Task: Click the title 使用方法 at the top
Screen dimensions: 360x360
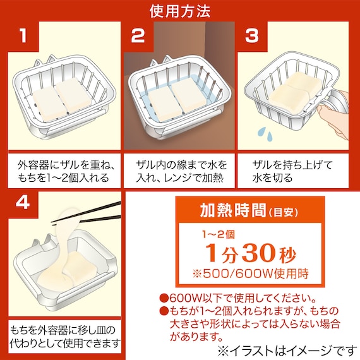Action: (x=180, y=11)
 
